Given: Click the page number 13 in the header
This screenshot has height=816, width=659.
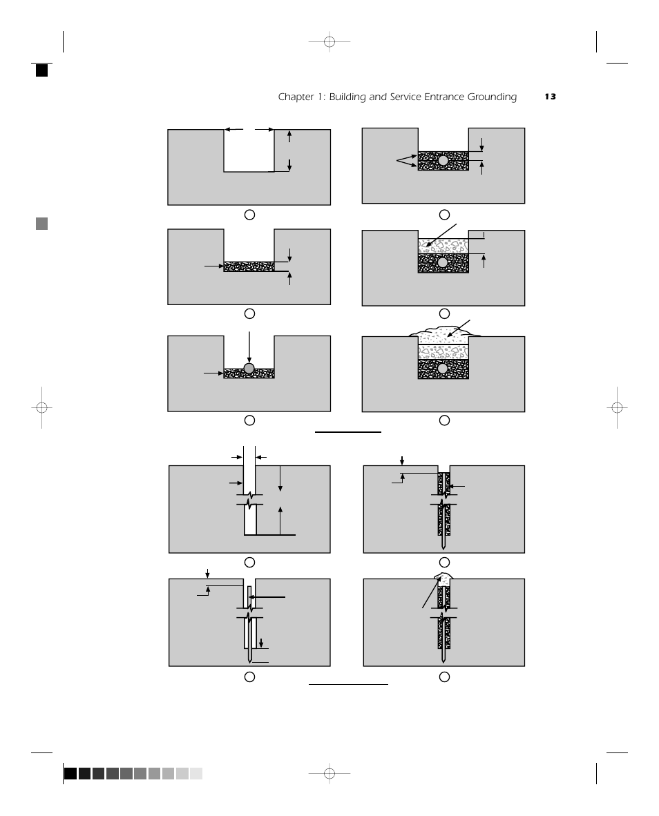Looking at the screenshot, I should (x=550, y=97).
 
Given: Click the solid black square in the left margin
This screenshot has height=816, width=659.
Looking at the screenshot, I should (x=42, y=70).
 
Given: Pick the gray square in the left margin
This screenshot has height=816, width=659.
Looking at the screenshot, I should (x=42, y=224).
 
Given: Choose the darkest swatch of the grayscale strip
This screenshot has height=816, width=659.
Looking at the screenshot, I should (x=70, y=774).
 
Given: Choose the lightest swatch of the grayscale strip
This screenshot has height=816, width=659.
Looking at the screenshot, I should (x=196, y=774).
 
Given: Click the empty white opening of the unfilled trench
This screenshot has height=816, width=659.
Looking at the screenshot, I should (x=249, y=150).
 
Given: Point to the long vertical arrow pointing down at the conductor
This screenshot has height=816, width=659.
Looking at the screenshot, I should (x=249, y=345).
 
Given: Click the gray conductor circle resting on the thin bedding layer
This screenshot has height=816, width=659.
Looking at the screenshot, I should (x=249, y=368).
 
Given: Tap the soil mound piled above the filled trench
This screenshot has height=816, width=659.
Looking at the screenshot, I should (x=442, y=333).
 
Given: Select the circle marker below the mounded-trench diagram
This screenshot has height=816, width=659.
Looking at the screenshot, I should (x=444, y=420).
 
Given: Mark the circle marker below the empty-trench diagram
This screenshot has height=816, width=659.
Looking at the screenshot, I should (x=249, y=215).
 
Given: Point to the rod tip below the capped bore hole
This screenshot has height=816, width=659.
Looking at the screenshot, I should (x=443, y=659).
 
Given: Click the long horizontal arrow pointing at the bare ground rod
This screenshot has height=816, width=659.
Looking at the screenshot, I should (x=268, y=597).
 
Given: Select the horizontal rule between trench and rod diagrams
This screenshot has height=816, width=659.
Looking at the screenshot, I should (x=347, y=432).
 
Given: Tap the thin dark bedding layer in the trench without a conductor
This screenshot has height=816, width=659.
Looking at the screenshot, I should (x=249, y=266).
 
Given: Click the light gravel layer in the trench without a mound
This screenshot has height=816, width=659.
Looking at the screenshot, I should (x=443, y=246).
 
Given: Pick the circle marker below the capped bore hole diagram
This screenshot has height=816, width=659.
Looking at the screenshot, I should (x=444, y=677).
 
